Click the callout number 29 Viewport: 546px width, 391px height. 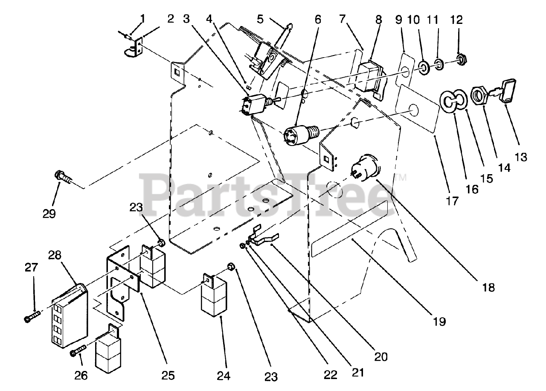(49, 214)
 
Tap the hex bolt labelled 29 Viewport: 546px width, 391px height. (62, 179)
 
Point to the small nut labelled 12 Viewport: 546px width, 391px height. (460, 59)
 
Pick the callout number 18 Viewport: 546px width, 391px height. (488, 288)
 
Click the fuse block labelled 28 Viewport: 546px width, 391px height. (70, 315)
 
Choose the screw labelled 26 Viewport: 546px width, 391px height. (78, 351)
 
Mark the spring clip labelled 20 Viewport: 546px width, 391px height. (263, 236)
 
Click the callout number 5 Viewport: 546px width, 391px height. (260, 19)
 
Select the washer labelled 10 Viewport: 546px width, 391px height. (424, 68)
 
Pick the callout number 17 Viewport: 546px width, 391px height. (452, 201)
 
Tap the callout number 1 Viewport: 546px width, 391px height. (142, 18)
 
